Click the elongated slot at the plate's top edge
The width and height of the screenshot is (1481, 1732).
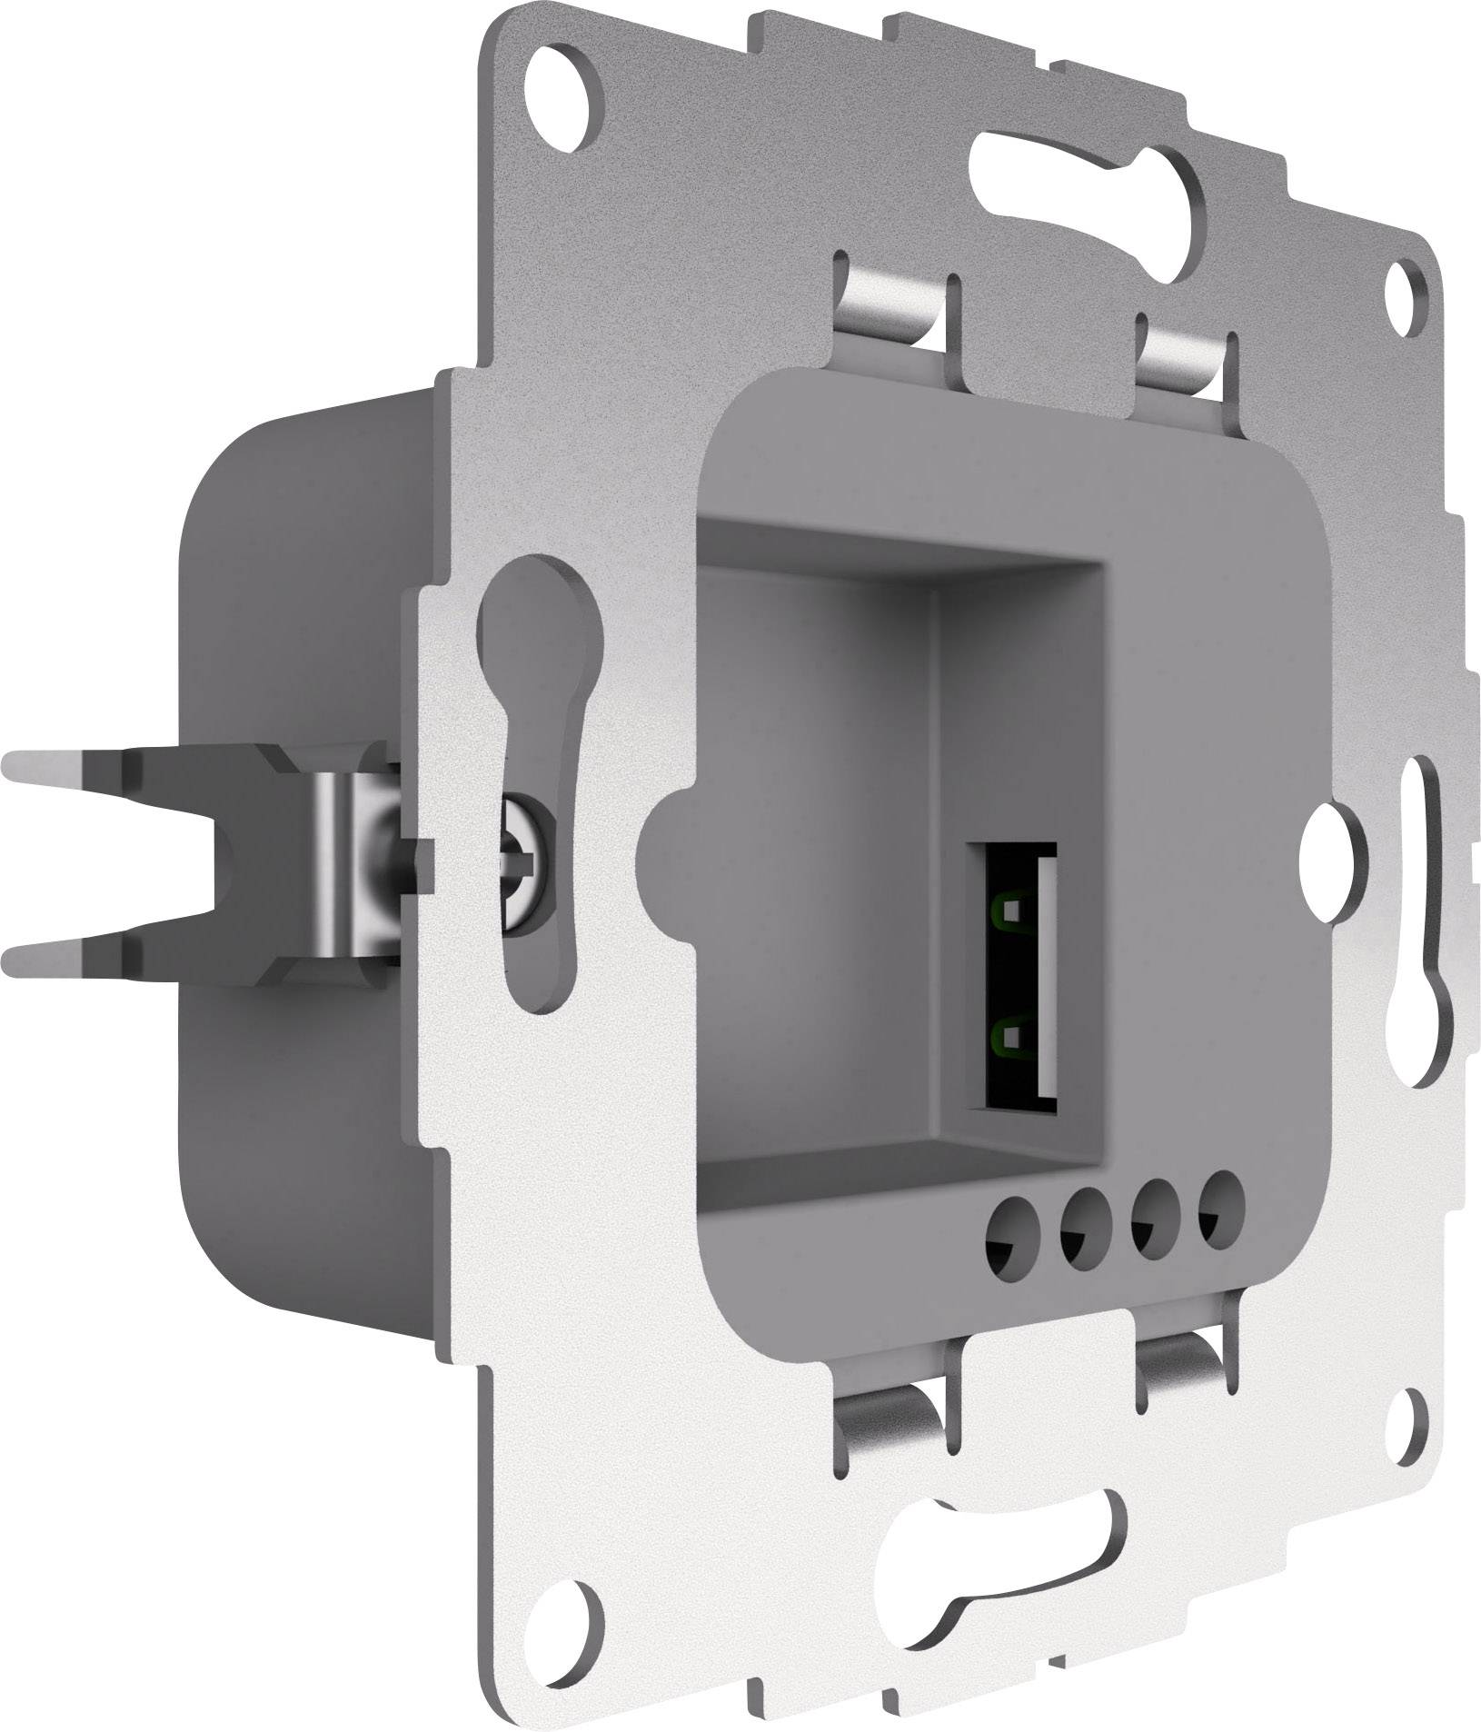pyautogui.click(x=1063, y=168)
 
